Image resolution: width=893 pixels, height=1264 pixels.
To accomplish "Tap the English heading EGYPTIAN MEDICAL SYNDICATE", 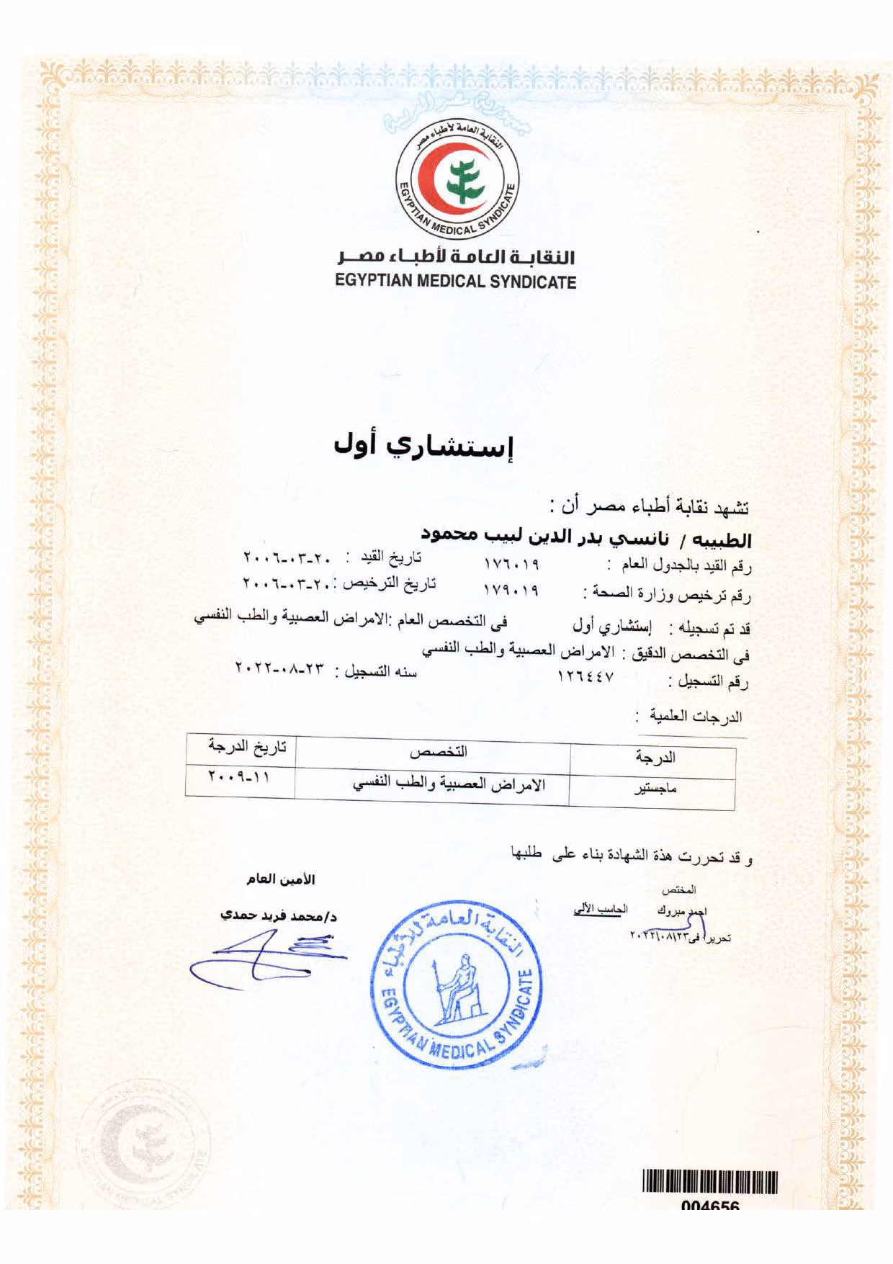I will coord(456,282).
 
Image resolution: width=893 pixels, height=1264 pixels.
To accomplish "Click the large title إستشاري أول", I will coord(423,446).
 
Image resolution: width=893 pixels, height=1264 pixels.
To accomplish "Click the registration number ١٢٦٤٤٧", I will coord(585,677).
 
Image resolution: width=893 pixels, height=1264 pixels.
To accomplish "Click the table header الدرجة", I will coord(655,757).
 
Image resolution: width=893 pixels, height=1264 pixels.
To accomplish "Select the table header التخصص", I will coord(438,752).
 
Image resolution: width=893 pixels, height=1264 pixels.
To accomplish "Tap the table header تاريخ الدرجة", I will coord(247,746).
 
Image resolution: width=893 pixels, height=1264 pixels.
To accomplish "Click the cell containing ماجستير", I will coord(655,789).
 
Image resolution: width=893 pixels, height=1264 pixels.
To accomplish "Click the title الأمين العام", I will coord(281,879).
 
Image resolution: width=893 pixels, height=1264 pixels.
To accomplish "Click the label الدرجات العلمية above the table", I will coord(694,717).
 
